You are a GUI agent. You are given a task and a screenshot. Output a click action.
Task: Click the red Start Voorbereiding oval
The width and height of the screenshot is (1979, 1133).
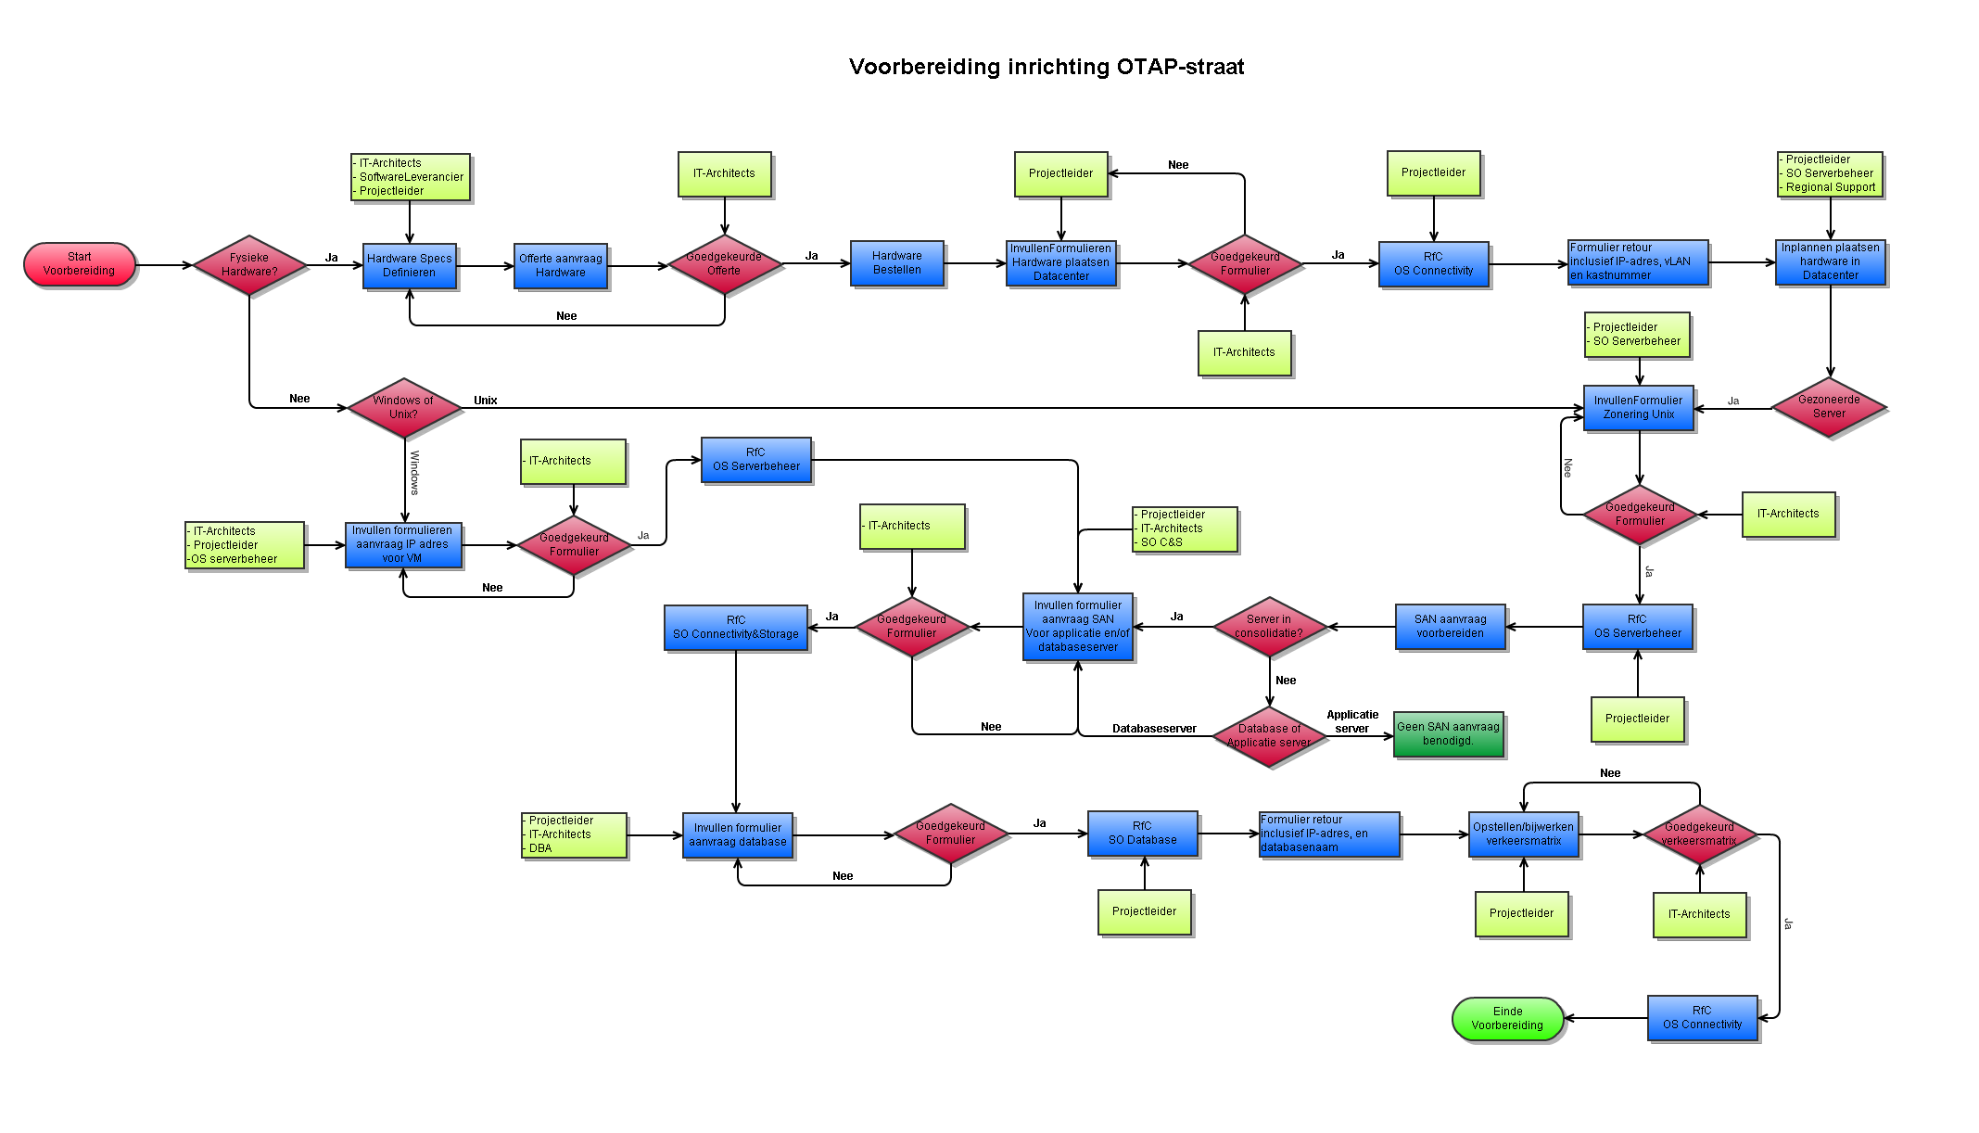(80, 265)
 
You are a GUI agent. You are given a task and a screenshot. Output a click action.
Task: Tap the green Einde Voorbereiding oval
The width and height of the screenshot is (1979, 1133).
(1507, 1018)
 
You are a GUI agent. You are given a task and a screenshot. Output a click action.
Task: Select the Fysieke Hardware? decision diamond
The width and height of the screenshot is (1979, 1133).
(249, 265)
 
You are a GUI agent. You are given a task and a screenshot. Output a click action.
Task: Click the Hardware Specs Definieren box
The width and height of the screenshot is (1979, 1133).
(410, 266)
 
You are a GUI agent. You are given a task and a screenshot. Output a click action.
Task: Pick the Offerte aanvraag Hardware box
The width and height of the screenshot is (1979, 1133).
(561, 266)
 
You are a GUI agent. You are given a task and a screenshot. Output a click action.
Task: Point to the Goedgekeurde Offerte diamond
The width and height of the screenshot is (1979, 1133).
(724, 264)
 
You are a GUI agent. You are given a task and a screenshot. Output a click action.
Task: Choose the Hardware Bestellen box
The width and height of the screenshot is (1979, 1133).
(897, 263)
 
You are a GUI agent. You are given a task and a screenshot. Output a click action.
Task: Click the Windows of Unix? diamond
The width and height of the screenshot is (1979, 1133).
(404, 407)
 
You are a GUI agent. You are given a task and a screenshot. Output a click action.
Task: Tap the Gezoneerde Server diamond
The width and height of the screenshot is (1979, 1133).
(1829, 407)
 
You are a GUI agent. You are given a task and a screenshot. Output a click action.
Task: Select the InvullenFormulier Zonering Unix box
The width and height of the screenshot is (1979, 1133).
(1639, 408)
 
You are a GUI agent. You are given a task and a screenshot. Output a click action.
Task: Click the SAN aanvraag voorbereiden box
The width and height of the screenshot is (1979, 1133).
(1451, 627)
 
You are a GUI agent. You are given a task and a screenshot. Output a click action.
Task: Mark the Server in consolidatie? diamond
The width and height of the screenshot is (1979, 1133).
(1269, 627)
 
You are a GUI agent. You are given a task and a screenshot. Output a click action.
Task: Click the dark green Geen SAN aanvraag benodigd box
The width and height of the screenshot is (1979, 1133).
(1448, 734)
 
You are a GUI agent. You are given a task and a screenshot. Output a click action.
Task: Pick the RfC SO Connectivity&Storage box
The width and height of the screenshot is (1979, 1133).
(736, 628)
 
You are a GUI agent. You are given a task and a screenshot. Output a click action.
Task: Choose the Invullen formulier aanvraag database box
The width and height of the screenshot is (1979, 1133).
(738, 835)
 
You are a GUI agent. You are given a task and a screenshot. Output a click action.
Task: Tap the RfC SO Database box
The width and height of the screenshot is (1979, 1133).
(1143, 834)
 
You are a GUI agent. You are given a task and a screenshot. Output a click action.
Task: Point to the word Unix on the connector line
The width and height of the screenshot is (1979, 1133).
(486, 401)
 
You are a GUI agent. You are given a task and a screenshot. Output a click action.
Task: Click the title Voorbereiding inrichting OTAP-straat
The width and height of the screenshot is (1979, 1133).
(1047, 67)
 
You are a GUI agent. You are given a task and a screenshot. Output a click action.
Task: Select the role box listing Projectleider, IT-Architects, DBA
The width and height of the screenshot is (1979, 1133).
(574, 834)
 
